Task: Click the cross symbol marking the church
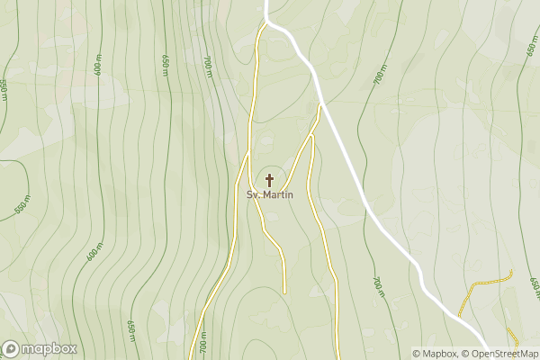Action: pos(269,180)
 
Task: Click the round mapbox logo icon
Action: pos(12,348)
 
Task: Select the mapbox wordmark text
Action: pos(49,348)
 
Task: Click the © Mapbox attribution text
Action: pos(435,354)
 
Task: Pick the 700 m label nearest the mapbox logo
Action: pos(203,343)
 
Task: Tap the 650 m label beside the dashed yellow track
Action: pos(534,286)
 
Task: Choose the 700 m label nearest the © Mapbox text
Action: pos(378,286)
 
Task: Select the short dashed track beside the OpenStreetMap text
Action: pos(512,337)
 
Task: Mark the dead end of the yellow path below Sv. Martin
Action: pos(283,292)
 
